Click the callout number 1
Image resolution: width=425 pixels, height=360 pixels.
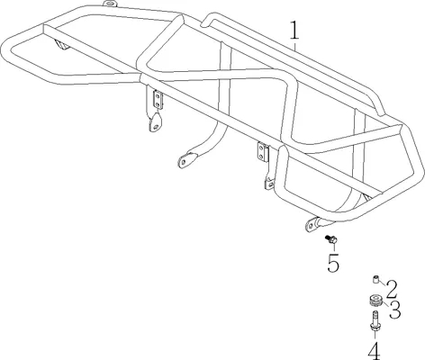(294, 31)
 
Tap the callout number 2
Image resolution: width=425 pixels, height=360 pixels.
(392, 290)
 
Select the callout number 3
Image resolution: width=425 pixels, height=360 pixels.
(394, 310)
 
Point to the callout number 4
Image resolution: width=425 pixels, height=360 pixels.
(375, 351)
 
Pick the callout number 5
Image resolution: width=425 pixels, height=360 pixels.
(333, 263)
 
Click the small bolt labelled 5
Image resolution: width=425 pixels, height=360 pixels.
(330, 239)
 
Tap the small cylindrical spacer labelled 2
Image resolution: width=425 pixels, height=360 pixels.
(375, 280)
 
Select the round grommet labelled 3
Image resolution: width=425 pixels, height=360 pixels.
(375, 301)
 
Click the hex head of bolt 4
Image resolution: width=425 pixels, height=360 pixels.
(375, 327)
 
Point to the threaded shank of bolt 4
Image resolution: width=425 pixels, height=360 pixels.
(375, 317)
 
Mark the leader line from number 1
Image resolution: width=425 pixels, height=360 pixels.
(295, 46)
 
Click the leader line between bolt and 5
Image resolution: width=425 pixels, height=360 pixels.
(334, 247)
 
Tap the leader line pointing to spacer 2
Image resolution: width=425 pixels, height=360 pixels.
(382, 283)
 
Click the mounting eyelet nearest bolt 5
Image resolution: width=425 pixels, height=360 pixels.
(312, 224)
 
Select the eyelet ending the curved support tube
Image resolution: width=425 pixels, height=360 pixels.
(186, 160)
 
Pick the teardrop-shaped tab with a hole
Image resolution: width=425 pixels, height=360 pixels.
(155, 122)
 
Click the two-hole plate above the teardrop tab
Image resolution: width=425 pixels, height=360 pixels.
(158, 100)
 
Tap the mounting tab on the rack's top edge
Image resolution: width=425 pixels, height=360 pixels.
(110, 4)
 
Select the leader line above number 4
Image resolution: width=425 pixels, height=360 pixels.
(375, 337)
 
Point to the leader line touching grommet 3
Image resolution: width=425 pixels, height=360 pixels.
(385, 304)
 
